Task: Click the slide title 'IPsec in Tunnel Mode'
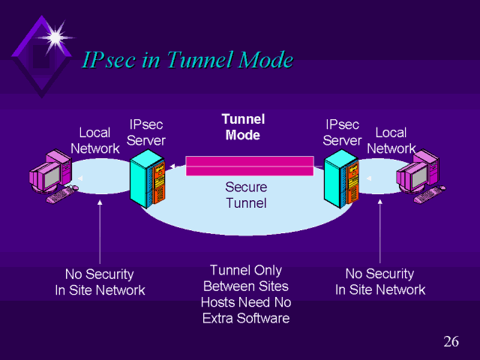(x=187, y=60)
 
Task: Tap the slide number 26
(x=451, y=342)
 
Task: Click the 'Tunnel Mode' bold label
(x=243, y=127)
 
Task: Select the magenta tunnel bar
(x=249, y=166)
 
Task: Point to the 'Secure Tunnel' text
(x=246, y=194)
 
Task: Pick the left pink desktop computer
(x=50, y=175)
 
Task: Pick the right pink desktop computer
(x=420, y=175)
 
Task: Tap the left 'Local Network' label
(x=94, y=140)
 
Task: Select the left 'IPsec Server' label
(x=147, y=132)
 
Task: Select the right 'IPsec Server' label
(x=342, y=132)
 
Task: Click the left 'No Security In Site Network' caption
(x=100, y=282)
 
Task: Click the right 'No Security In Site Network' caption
(x=379, y=282)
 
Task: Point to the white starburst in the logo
(x=55, y=34)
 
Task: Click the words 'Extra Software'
(x=246, y=318)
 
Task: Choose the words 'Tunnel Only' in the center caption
(x=246, y=270)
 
